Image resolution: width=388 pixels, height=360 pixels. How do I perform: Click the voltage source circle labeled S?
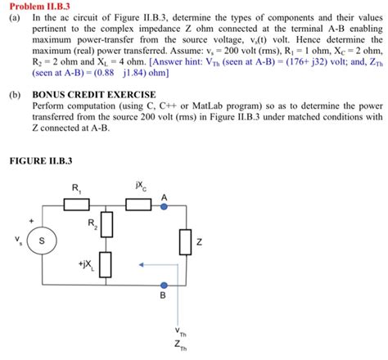[41, 242]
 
